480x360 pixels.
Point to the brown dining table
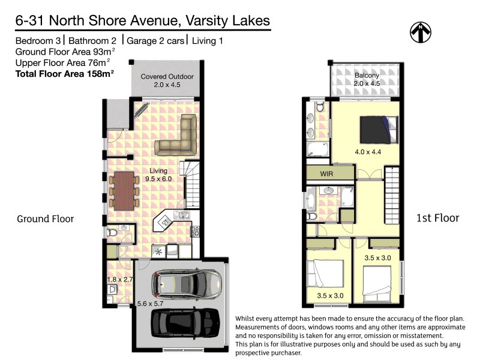point(124,190)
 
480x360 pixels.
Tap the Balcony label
point(365,76)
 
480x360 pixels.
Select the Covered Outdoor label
point(167,77)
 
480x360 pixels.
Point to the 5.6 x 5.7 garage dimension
point(150,304)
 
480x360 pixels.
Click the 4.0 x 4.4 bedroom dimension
point(368,152)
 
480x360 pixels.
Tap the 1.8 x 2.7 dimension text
point(119,279)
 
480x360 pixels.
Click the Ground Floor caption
point(45,219)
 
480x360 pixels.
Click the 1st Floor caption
point(437,218)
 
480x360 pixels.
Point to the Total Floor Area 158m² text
point(65,74)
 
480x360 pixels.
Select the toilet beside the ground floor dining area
point(112,232)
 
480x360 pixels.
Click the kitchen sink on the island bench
point(181,214)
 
